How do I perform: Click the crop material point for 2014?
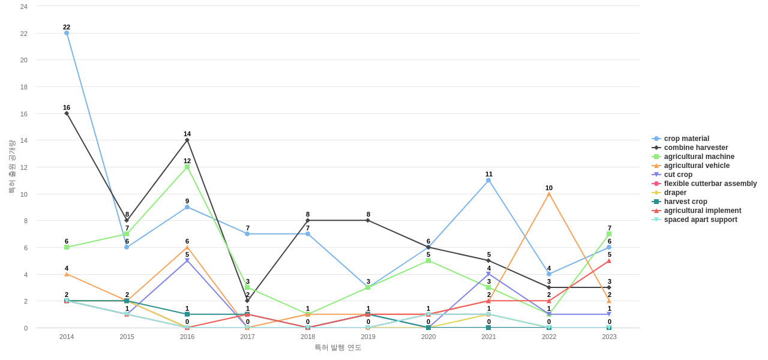click(x=67, y=33)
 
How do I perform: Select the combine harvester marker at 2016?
click(x=187, y=140)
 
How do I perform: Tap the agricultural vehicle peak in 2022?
click(x=549, y=194)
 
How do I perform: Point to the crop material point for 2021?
click(x=488, y=180)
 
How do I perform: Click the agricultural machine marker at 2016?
click(x=187, y=167)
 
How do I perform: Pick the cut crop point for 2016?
click(x=187, y=260)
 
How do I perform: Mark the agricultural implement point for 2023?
click(x=609, y=261)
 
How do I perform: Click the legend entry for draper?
click(x=675, y=193)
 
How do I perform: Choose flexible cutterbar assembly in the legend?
click(x=710, y=184)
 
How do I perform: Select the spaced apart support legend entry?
click(x=700, y=220)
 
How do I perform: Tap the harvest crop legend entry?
click(x=685, y=202)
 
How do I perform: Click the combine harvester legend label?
click(x=695, y=148)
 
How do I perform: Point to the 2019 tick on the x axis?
click(x=368, y=337)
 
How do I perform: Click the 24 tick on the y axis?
click(x=24, y=7)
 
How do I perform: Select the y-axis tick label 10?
click(x=24, y=194)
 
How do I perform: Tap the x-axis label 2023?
click(x=609, y=337)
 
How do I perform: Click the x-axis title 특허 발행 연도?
click(x=338, y=347)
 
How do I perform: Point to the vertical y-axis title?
click(x=11, y=167)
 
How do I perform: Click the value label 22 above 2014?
click(x=67, y=27)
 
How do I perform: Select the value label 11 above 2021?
click(x=489, y=174)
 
